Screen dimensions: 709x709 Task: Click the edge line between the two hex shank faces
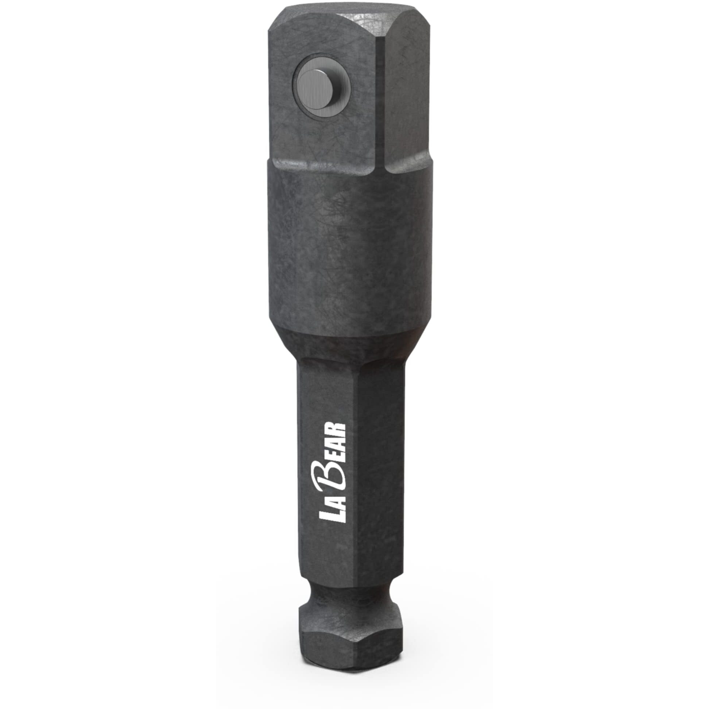pos(358,477)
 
